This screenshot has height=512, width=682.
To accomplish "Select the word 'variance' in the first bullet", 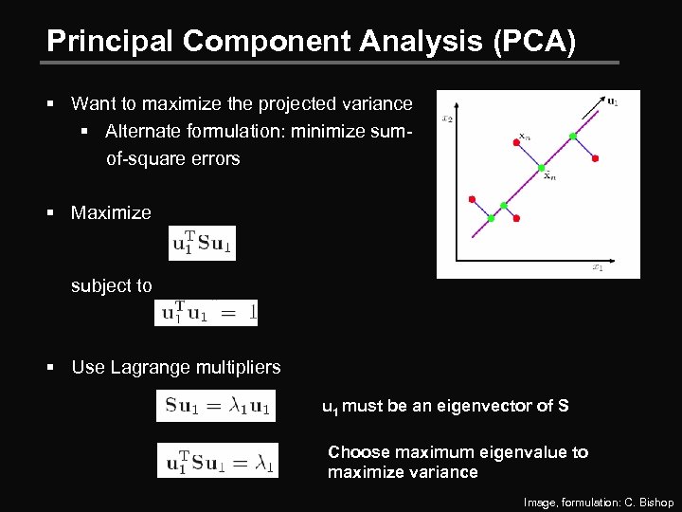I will pyautogui.click(x=377, y=103).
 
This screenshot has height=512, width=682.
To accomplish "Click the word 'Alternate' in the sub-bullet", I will pyautogui.click(x=142, y=131).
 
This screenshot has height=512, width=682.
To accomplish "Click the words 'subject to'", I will pyautogui.click(x=111, y=285).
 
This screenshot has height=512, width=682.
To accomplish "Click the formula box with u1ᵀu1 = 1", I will pyautogui.click(x=206, y=313).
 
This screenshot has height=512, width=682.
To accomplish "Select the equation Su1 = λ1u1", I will pyautogui.click(x=217, y=407).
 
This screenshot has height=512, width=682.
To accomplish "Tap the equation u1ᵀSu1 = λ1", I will pyautogui.click(x=217, y=462).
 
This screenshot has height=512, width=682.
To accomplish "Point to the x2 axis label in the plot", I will pyautogui.click(x=446, y=119).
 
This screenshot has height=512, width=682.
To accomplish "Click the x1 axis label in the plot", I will pyautogui.click(x=597, y=268).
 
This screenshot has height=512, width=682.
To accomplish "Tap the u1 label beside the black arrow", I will pyautogui.click(x=613, y=102).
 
